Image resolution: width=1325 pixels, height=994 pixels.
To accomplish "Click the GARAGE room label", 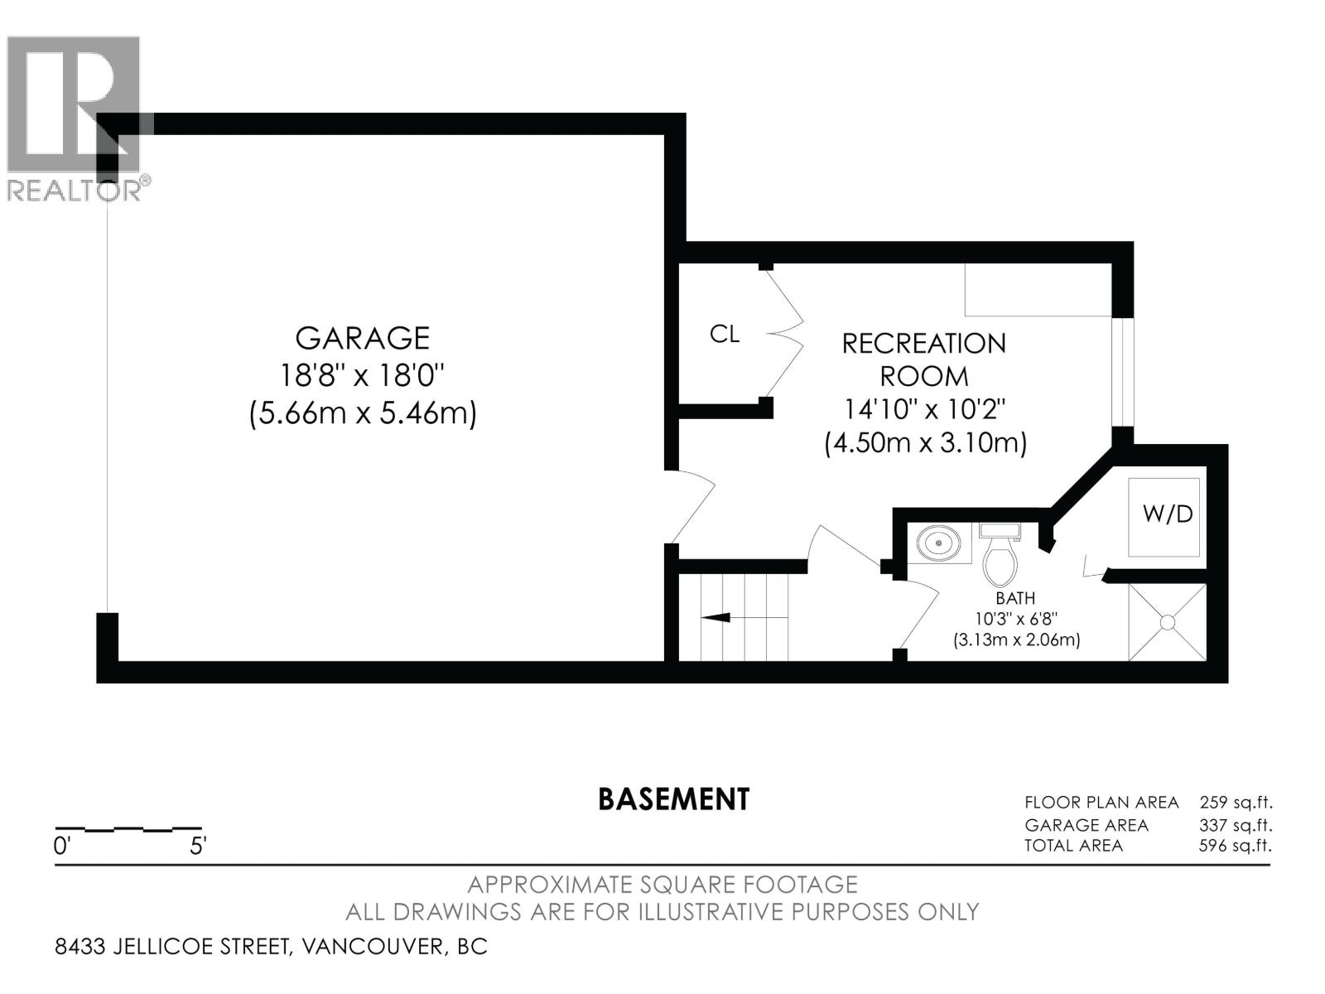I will [x=363, y=338].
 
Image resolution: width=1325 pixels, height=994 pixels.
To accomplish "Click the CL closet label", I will [x=725, y=334].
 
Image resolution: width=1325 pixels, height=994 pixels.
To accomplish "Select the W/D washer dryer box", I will [x=1168, y=514].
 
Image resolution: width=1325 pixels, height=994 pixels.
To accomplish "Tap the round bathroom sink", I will [x=939, y=544].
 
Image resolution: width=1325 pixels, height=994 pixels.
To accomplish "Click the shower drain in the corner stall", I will [x=1168, y=621].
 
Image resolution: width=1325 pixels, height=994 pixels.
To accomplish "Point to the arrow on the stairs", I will [x=717, y=617].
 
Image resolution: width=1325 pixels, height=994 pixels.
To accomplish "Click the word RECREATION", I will [x=923, y=343].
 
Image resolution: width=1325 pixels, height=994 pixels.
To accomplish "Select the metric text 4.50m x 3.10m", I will [x=925, y=443].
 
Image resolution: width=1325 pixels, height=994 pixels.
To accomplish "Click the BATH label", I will [x=1015, y=598].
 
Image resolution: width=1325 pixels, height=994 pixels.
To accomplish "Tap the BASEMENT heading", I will [x=673, y=799].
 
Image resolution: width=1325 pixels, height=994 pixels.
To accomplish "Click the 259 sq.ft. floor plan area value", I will [x=1235, y=802].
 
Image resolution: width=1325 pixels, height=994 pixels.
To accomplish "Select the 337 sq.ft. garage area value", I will [x=1235, y=825].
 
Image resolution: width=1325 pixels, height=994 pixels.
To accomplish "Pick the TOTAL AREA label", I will [x=1073, y=846].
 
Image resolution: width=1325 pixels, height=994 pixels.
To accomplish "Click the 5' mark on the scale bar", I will [x=198, y=847].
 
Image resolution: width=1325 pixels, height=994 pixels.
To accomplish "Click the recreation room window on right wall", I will [x=1122, y=373].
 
